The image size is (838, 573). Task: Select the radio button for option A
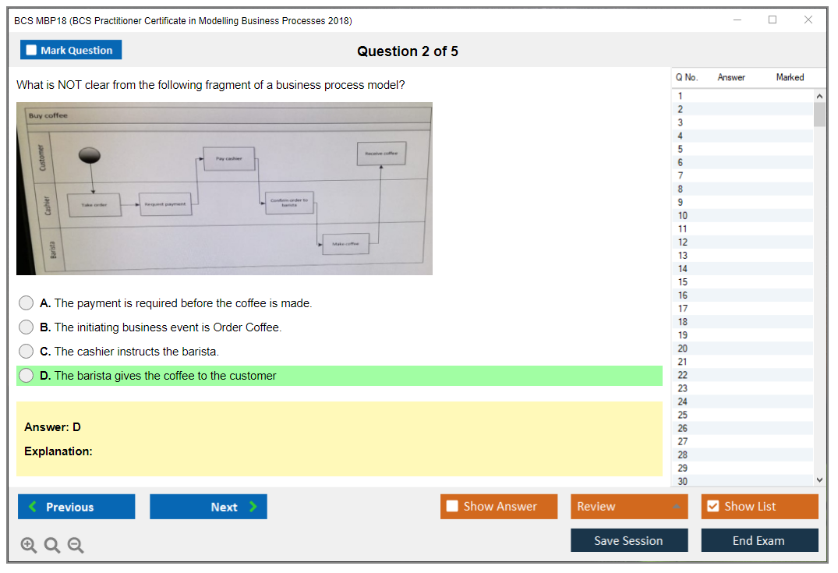[x=27, y=303]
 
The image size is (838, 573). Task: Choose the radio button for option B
[x=27, y=327]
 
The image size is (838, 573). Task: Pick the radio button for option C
[x=27, y=352]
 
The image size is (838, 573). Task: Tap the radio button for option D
[x=27, y=376]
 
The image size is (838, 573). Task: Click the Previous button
[x=76, y=507]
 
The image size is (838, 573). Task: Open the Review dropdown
[x=629, y=507]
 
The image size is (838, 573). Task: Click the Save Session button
[x=629, y=540]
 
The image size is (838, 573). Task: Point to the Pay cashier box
[x=229, y=158]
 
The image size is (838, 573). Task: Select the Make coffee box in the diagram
[x=345, y=244]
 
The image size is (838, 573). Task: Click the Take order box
[x=94, y=204]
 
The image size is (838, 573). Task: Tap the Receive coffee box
[x=381, y=154]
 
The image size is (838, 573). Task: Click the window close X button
[x=808, y=20]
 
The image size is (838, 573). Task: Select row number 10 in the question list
[x=683, y=216]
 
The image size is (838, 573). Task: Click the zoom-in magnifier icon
[x=29, y=546]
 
